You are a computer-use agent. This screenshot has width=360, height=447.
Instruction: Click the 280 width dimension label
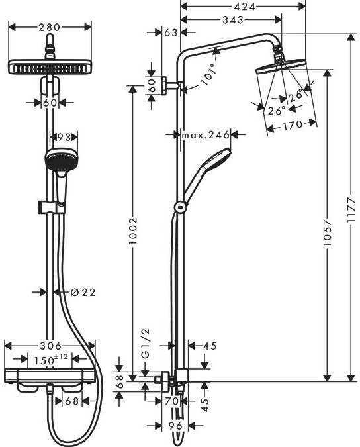pos(50,27)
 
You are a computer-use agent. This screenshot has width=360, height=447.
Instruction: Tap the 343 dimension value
pos(233,20)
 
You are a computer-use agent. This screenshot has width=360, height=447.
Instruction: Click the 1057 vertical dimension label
pos(328,232)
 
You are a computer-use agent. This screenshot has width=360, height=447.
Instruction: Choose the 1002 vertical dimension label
pos(133,231)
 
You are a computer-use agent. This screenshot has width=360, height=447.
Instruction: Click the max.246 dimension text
pos(206,134)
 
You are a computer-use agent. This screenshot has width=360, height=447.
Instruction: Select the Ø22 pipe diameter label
pos(82,292)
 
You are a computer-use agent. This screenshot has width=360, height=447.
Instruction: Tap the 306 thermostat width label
pos(50,346)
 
